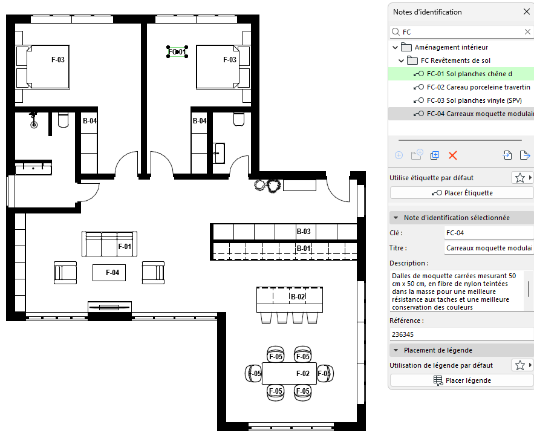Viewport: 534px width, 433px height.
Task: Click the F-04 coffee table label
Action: click(x=112, y=273)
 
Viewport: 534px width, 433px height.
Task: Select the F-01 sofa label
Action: click(x=125, y=246)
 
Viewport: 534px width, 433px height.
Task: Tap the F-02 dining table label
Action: click(x=303, y=374)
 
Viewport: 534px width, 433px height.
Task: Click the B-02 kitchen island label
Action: click(x=298, y=297)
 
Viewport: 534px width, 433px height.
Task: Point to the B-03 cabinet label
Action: click(x=304, y=232)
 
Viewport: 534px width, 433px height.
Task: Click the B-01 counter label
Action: click(x=304, y=249)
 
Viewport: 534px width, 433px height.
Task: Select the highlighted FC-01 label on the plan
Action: click(x=177, y=52)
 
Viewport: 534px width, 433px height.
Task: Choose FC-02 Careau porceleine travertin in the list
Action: click(x=478, y=87)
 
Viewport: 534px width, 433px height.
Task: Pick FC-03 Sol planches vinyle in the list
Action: click(x=474, y=100)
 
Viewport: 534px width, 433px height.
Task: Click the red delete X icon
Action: click(x=452, y=155)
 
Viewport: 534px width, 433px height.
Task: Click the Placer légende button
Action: click(x=462, y=380)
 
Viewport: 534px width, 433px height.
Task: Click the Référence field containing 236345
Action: click(x=462, y=334)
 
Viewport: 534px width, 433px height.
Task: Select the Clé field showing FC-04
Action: click(x=489, y=233)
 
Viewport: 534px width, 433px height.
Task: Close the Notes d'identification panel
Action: click(x=527, y=12)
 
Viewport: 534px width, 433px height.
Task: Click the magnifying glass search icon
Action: click(x=396, y=31)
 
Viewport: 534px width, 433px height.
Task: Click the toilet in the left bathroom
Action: click(x=63, y=120)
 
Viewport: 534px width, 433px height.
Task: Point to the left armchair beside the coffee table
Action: click(x=65, y=273)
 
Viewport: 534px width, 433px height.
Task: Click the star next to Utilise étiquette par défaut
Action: click(x=519, y=178)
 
